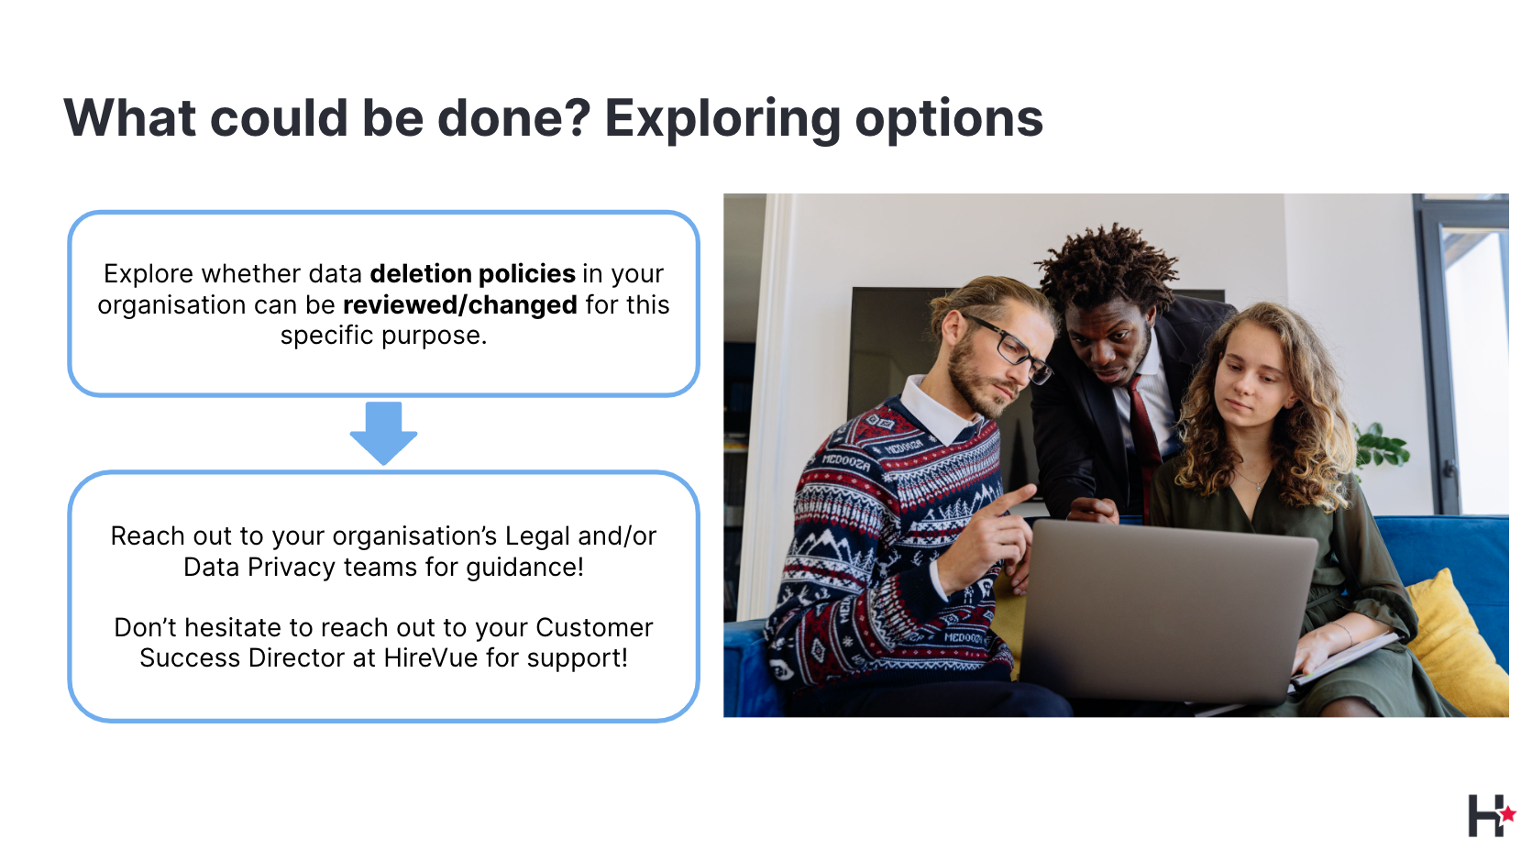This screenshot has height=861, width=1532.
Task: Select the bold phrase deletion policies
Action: click(x=472, y=273)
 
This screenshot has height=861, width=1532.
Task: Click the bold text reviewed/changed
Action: click(x=459, y=305)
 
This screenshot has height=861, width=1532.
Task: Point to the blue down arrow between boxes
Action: click(x=383, y=433)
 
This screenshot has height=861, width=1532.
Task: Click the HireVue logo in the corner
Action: click(x=1491, y=815)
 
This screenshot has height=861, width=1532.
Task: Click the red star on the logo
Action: click(x=1507, y=814)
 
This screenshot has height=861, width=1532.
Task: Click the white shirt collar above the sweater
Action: click(x=938, y=410)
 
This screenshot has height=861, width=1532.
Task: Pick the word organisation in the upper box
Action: click(x=171, y=305)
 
